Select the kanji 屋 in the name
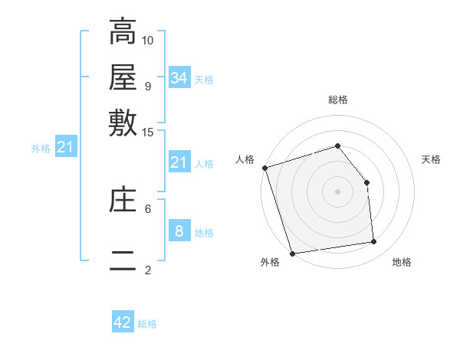[x=123, y=78]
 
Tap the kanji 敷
[x=123, y=123]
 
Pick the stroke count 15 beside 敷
[x=148, y=132]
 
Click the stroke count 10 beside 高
[x=148, y=40]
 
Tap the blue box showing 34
[x=179, y=77]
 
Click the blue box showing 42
[x=123, y=322]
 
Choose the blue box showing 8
[x=179, y=231]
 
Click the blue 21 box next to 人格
[x=179, y=162]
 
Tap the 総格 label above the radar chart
[x=337, y=100]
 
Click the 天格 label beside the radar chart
[x=432, y=159]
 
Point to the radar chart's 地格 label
[x=402, y=262]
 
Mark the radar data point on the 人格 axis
[x=264, y=168]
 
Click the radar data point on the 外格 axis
[x=293, y=253]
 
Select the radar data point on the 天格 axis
[x=366, y=182]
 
